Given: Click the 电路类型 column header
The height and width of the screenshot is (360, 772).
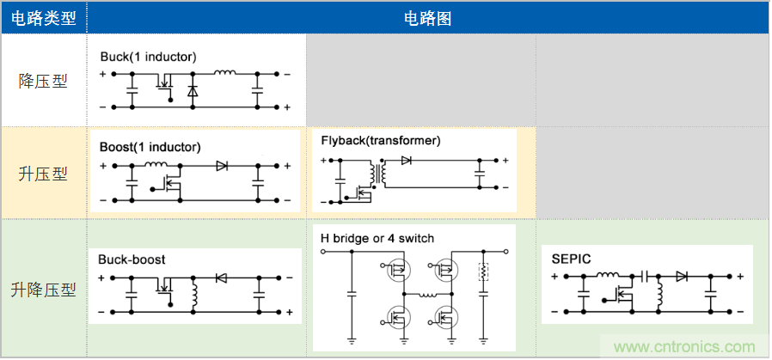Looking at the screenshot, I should [43, 17].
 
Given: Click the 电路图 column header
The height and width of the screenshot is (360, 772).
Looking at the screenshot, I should [427, 17].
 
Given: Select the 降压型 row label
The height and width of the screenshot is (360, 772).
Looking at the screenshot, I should [43, 82].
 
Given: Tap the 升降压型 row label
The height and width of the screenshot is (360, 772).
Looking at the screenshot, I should [43, 290].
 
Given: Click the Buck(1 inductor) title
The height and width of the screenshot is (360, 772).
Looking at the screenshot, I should [148, 58].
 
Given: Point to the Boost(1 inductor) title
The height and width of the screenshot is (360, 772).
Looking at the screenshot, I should [150, 147].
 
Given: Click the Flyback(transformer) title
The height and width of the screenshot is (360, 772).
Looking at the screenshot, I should [380, 140].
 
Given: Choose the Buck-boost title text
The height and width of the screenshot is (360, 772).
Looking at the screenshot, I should [132, 259].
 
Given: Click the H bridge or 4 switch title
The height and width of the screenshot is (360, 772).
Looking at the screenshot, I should [377, 238].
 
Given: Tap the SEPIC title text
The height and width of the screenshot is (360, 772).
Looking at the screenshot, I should [571, 258].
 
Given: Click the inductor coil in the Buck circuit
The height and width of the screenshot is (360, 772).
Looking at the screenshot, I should [225, 74].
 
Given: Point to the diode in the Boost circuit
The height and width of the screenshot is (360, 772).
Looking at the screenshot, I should [222, 165].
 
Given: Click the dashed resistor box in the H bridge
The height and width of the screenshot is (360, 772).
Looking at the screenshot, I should [483, 272].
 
